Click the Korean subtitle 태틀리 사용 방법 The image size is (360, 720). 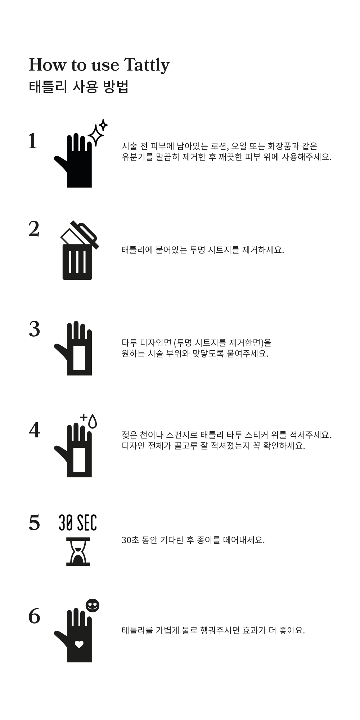(x=78, y=87)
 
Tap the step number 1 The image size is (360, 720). (x=33, y=141)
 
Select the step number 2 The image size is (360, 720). (x=34, y=229)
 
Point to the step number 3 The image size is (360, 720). (x=34, y=329)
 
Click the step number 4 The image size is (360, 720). (x=34, y=430)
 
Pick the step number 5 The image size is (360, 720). (x=34, y=523)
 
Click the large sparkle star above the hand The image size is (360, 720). (x=95, y=135)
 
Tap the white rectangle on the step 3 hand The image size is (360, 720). (x=79, y=358)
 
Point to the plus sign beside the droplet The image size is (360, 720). (x=84, y=417)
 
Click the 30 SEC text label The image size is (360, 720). (x=78, y=523)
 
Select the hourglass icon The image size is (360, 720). (x=78, y=552)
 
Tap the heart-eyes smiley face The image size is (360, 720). (x=92, y=606)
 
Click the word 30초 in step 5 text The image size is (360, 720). (x=130, y=540)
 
